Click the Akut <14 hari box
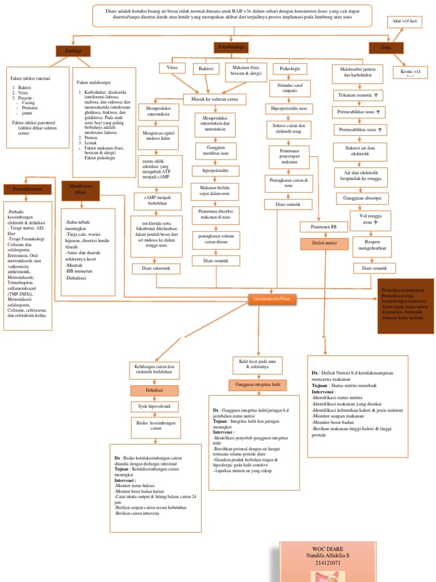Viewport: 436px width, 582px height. tap(405, 22)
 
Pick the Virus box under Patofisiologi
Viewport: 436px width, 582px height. tap(173, 68)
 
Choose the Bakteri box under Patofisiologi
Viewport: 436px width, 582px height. tap(206, 69)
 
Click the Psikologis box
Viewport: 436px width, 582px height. tap(290, 69)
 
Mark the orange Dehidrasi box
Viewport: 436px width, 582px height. tap(154, 390)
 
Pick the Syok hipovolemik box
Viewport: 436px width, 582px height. tap(154, 406)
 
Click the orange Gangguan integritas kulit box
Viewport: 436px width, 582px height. tap(258, 385)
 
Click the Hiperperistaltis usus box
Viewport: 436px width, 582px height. tap(290, 108)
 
